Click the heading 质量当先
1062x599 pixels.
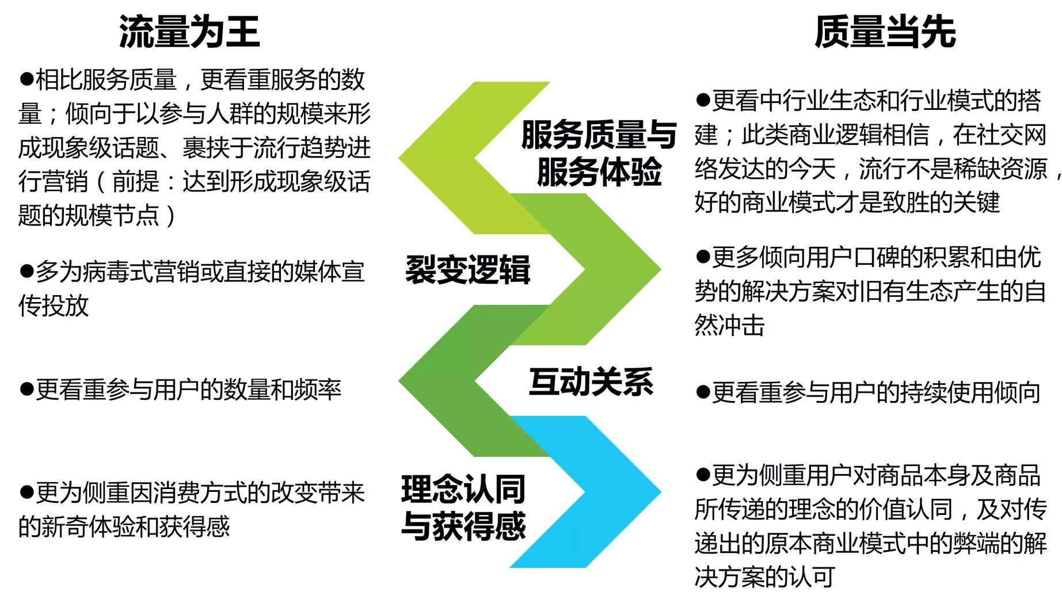[x=885, y=31]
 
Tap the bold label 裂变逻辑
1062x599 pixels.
[x=467, y=269]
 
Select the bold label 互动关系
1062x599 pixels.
[x=591, y=381]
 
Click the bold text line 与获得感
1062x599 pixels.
[x=464, y=525]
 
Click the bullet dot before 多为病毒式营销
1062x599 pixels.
[x=26, y=271]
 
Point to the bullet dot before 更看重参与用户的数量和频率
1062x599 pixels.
[x=26, y=390]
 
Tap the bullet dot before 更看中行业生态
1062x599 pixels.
[x=702, y=100]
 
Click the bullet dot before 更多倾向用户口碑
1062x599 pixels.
[x=702, y=257]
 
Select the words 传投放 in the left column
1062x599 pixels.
[x=54, y=306]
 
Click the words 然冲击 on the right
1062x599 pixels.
[x=729, y=326]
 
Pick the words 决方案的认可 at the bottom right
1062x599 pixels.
[x=764, y=577]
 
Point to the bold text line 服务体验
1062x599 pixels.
[x=599, y=171]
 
